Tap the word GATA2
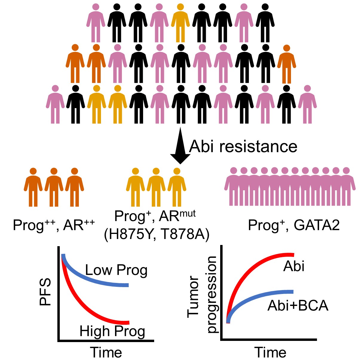[x=317, y=225]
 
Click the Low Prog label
[x=116, y=270]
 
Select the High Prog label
[x=112, y=331]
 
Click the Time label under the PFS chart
[x=106, y=353]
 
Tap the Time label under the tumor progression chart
[x=270, y=353]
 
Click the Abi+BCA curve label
[x=298, y=305]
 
